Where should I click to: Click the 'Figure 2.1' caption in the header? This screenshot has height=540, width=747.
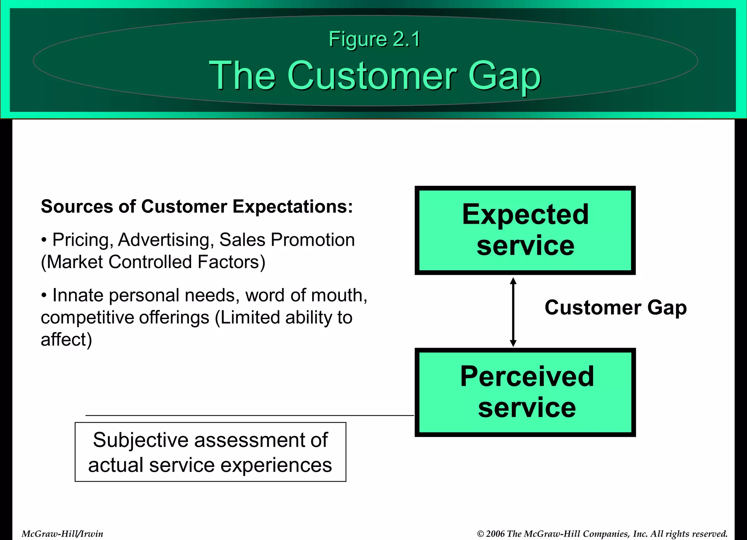tap(374, 39)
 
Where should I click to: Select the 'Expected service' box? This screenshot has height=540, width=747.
tap(525, 230)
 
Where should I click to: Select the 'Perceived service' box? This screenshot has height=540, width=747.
tap(525, 392)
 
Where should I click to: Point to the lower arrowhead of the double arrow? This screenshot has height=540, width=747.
tap(513, 343)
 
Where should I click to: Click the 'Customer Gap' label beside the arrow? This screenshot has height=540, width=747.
tap(615, 307)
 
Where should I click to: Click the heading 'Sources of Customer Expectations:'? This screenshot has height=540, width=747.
tap(197, 207)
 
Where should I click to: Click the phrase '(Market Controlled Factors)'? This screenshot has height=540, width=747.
tap(153, 262)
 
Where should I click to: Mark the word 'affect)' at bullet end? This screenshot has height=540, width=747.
tap(66, 340)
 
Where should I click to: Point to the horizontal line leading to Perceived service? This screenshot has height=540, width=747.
tap(249, 415)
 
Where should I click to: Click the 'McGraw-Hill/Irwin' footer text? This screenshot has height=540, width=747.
tap(62, 534)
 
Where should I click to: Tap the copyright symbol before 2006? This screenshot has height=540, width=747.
tap(480, 534)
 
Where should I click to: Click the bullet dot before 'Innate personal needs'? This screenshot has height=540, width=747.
tap(44, 295)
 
